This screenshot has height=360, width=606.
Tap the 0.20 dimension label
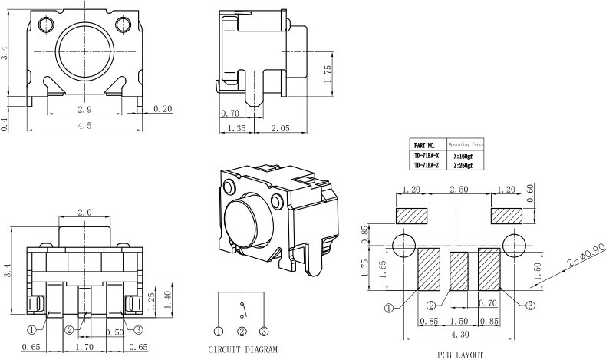[x=163, y=109]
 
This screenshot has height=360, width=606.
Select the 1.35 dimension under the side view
[x=237, y=129]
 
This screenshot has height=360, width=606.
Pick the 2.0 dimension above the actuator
[x=85, y=212]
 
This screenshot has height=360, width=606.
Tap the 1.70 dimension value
[x=85, y=348]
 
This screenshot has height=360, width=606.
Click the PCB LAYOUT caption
[x=460, y=354]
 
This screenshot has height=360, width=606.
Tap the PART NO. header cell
[x=424, y=144]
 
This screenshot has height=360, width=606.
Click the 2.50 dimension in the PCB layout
[x=459, y=189]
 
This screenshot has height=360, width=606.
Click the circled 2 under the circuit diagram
[x=242, y=332]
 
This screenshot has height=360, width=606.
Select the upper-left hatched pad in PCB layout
[x=411, y=215]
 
